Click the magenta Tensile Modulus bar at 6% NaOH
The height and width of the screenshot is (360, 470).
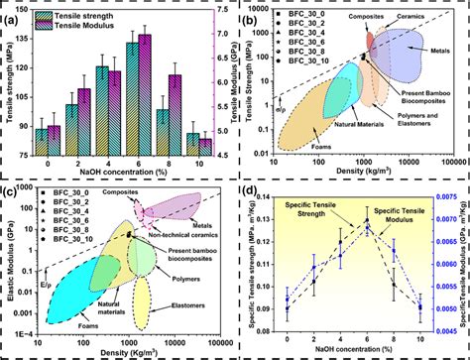pos(145,93)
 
